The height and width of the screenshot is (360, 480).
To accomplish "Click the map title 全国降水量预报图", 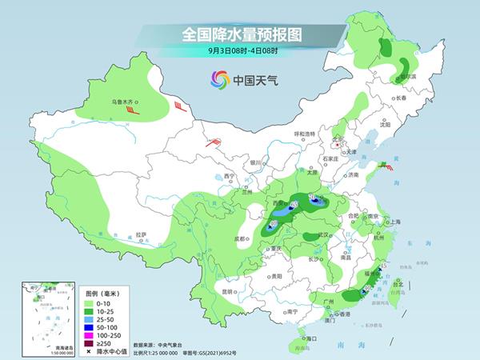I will point(239,34).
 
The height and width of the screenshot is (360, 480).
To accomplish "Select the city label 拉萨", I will point(141,234).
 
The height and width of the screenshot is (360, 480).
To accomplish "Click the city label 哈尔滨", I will point(407,77).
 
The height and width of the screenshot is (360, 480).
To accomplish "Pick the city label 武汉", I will point(323,234).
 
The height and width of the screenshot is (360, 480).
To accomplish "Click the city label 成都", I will point(242,238).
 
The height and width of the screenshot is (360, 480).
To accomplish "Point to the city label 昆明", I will point(233,290).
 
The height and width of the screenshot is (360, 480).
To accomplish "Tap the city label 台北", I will point(398,282).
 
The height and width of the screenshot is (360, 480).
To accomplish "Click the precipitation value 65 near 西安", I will point(294,206).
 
